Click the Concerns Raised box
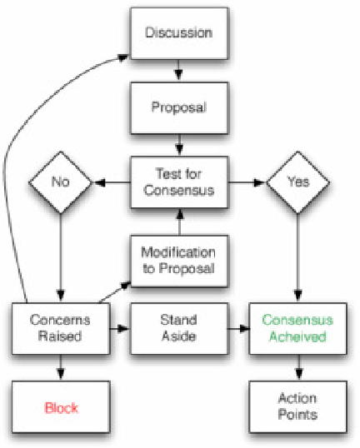click(x=60, y=329)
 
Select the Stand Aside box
click(x=178, y=329)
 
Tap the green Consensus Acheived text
click(x=297, y=329)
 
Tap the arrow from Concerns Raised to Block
click(x=60, y=367)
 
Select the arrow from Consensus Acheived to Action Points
click(x=297, y=367)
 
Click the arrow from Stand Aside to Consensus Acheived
click(x=237, y=329)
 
